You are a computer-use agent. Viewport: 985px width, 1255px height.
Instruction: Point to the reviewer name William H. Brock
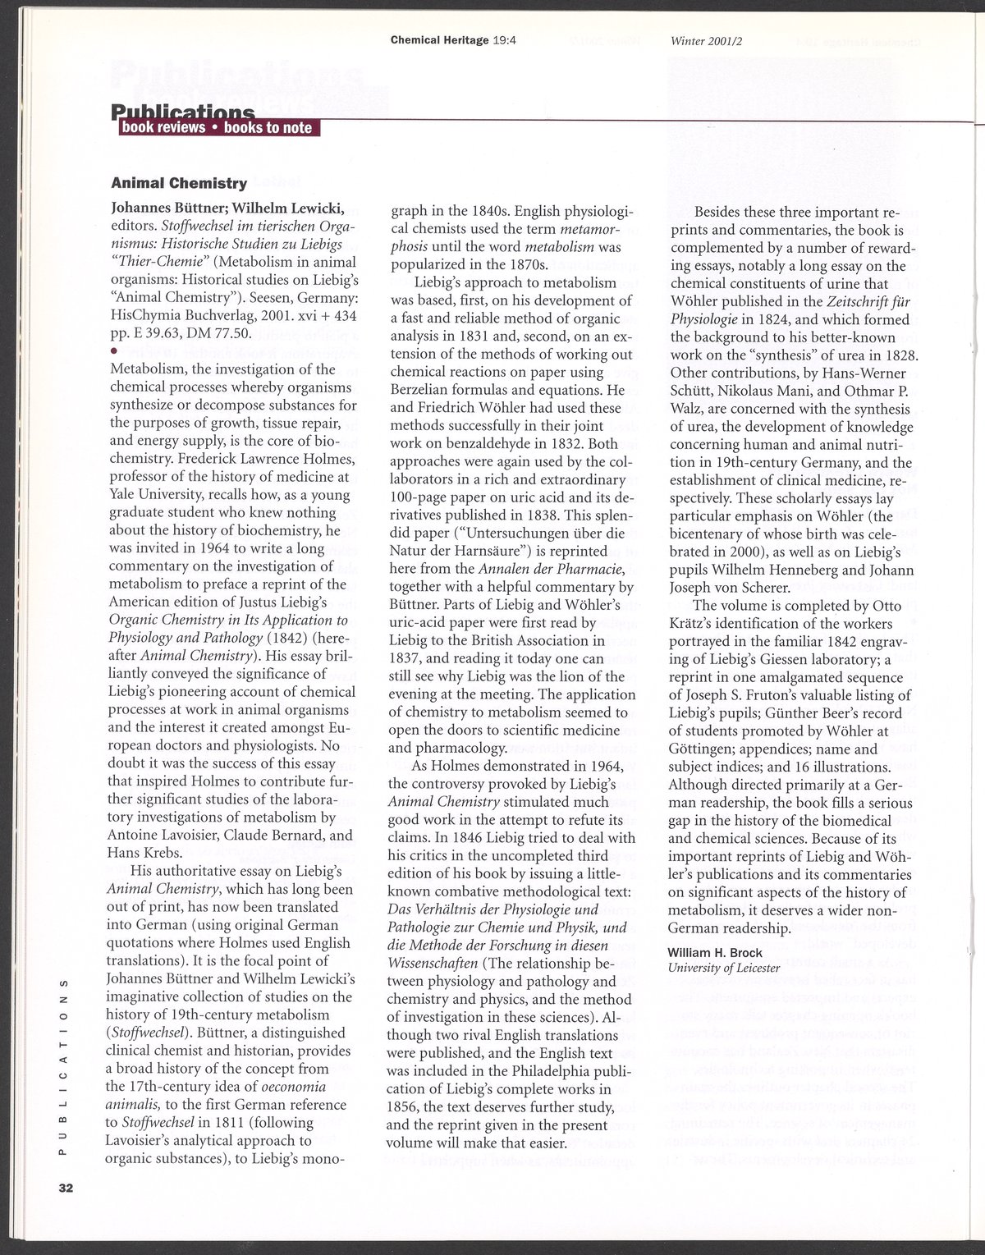[x=715, y=953]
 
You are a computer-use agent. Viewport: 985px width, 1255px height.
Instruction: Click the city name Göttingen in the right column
[x=704, y=749]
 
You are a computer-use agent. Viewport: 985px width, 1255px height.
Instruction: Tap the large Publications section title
[x=182, y=111]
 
